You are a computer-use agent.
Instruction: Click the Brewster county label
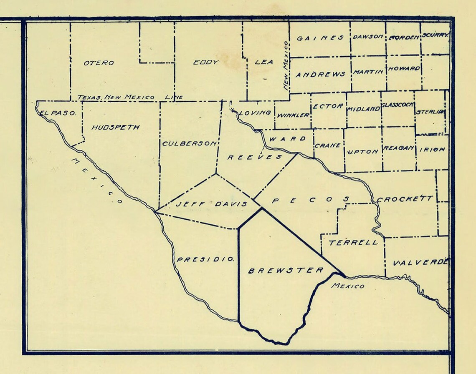coord(286,271)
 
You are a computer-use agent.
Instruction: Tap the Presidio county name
coord(205,259)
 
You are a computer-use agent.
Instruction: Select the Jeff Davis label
coord(211,204)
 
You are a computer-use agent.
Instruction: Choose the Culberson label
coord(190,143)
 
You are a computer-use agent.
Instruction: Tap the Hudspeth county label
coord(115,128)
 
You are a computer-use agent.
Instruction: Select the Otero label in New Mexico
coord(99,63)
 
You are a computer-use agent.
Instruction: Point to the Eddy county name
coord(206,63)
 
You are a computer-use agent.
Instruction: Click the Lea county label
coord(264,62)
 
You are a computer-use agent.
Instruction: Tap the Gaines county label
coord(320,38)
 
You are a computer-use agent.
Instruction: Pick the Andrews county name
coord(320,75)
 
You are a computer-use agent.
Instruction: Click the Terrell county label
coord(353,243)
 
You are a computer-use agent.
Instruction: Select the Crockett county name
coord(405,199)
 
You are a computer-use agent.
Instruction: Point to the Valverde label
coord(420,263)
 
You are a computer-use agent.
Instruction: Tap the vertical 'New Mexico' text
coord(286,66)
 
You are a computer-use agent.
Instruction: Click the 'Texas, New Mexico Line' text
coord(130,97)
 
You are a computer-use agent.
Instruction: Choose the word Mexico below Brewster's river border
coord(347,286)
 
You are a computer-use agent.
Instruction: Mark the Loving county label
coord(255,113)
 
